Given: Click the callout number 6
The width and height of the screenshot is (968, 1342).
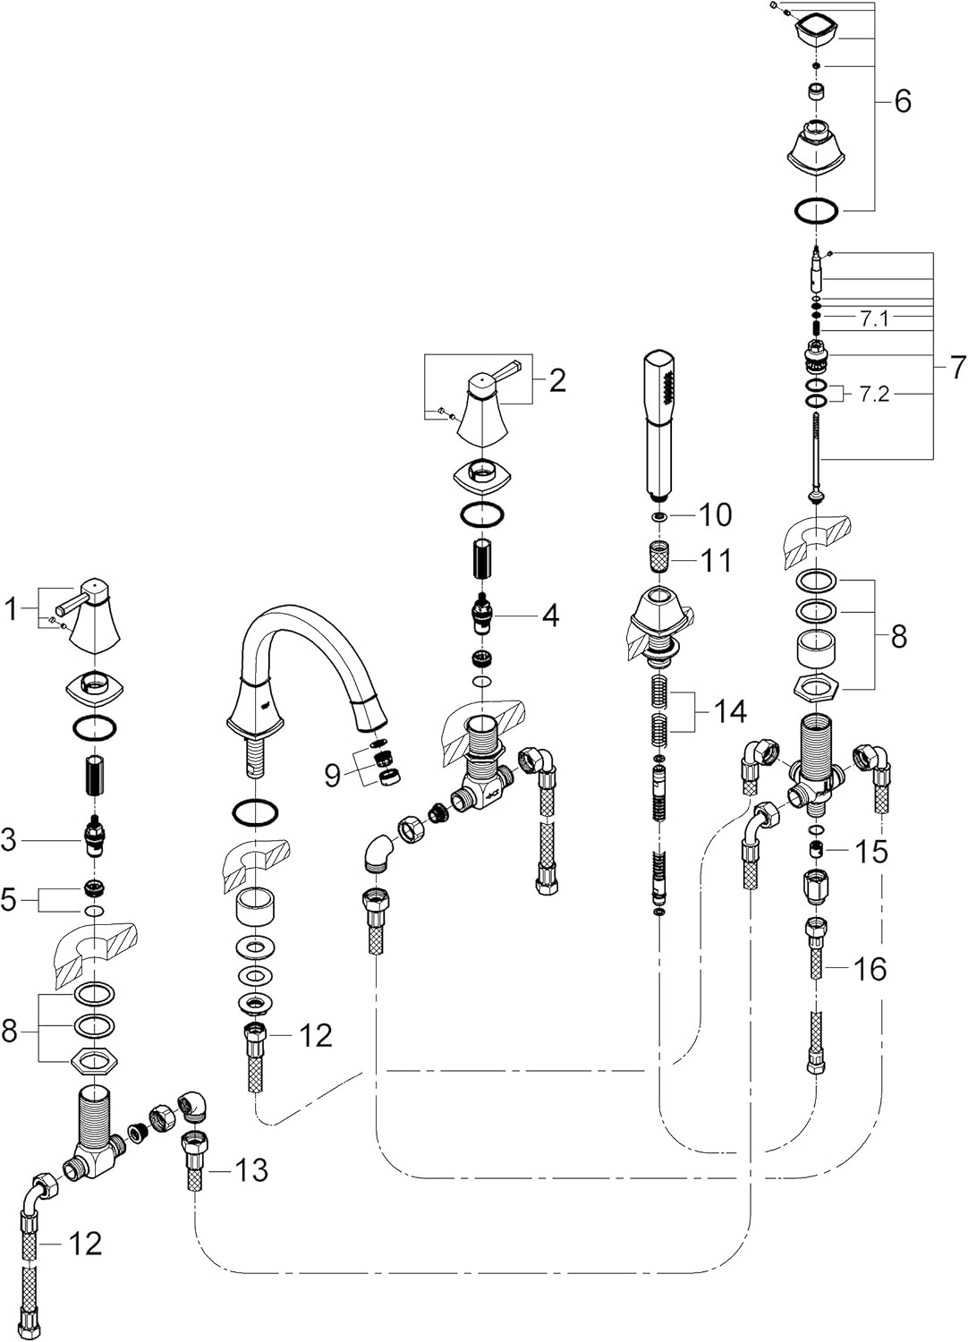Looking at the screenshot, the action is click(x=903, y=101).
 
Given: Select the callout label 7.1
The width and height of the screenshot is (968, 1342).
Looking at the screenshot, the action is click(x=874, y=320).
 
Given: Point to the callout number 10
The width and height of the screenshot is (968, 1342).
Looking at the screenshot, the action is click(x=715, y=514).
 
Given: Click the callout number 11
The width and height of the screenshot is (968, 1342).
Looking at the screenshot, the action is click(x=716, y=561).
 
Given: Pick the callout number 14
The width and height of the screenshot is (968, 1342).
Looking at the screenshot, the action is click(x=730, y=712).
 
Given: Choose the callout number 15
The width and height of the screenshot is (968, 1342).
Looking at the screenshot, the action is click(x=871, y=853).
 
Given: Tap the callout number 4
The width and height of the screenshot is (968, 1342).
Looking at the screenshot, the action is click(x=550, y=616).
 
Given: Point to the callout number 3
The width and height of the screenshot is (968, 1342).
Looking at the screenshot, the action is click(x=9, y=841).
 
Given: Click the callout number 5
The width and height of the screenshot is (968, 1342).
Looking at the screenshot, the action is click(x=9, y=900).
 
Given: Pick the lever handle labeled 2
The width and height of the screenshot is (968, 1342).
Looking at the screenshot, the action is click(x=485, y=405).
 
